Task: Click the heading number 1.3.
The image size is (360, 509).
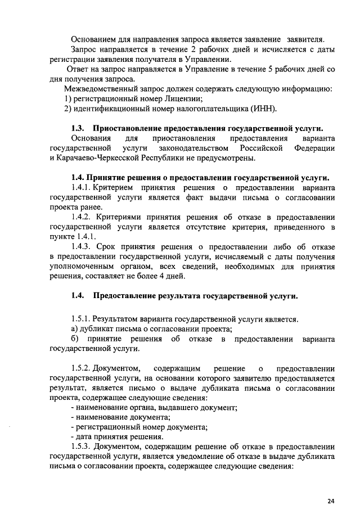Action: pos(78,128)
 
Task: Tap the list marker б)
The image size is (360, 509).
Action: pos(75,339)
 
